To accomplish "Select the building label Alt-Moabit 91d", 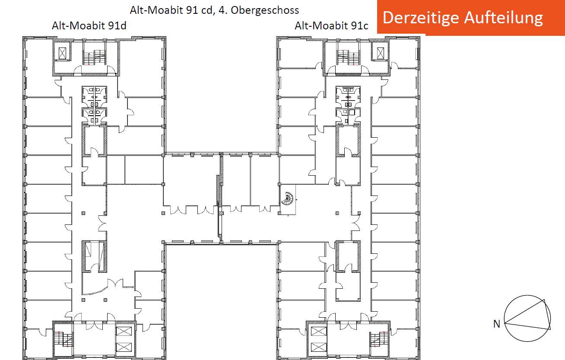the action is [89, 26].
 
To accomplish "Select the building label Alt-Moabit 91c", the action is [331, 26].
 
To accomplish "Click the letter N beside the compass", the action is [497, 324].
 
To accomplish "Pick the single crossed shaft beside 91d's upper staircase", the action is [62, 53].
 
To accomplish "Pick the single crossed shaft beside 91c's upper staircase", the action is [381, 53].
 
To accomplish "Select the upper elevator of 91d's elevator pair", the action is [124, 331].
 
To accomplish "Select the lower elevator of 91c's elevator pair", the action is [319, 347].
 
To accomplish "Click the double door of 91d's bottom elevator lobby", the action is [94, 325].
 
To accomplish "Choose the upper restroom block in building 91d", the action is [94, 97].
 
